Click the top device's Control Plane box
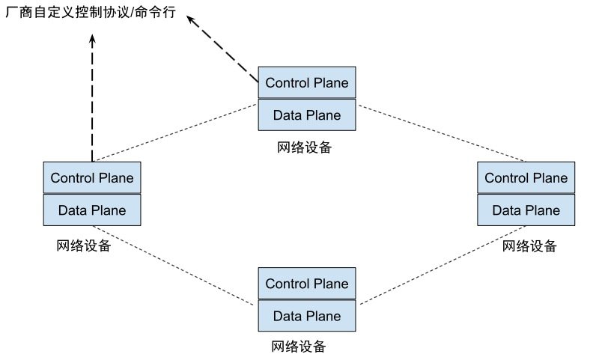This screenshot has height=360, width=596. pyautogui.click(x=307, y=82)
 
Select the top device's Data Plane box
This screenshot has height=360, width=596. pyautogui.click(x=307, y=115)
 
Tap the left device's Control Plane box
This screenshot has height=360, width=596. pyautogui.click(x=92, y=178)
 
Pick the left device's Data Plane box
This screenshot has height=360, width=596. pyautogui.click(x=92, y=210)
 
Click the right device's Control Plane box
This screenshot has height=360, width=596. pyautogui.click(x=526, y=178)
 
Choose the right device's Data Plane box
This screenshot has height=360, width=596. pyautogui.click(x=526, y=210)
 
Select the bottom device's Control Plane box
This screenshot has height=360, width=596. pyautogui.click(x=307, y=284)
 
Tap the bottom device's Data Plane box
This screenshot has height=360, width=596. pyautogui.click(x=307, y=316)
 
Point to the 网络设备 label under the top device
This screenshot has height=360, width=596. pyautogui.click(x=304, y=147)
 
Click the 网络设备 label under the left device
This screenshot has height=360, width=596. pyautogui.click(x=84, y=245)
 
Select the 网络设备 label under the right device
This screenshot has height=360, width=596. pyautogui.click(x=530, y=245)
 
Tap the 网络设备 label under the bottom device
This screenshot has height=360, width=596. pyautogui.click(x=299, y=347)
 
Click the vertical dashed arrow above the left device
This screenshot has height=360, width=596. pyautogui.click(x=91, y=97)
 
